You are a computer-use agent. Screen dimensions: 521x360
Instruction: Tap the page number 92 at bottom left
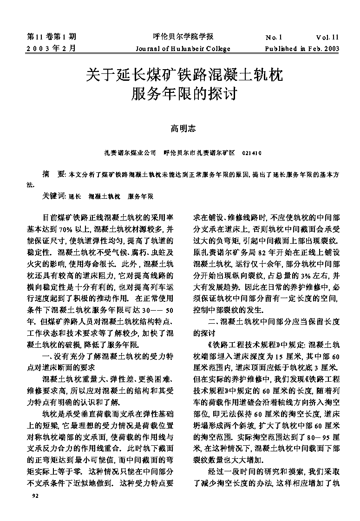tap(34, 496)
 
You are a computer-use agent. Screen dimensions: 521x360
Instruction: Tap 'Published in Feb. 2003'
tap(302, 48)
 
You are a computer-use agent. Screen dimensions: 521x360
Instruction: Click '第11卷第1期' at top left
tap(52, 37)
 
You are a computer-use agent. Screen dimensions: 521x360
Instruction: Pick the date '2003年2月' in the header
tap(51, 48)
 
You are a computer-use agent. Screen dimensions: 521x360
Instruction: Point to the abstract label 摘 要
tap(53, 175)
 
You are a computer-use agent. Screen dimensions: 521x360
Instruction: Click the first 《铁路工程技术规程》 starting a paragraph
tap(237, 345)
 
